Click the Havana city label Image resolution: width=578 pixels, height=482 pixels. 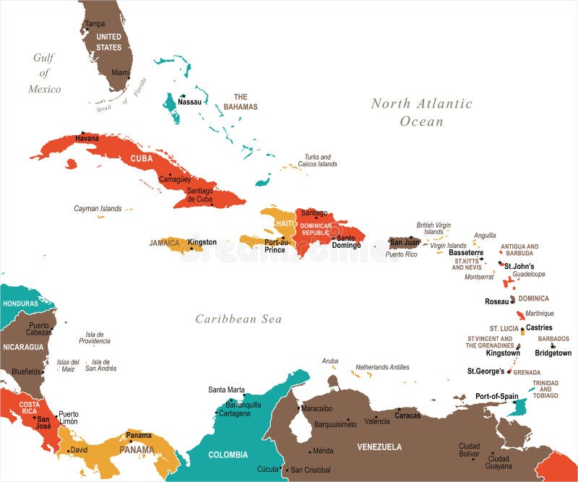(87, 138)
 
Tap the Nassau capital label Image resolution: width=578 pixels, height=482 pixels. (189, 102)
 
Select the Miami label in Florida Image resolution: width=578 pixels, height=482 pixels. (121, 73)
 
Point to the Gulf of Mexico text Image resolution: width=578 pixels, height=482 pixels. (44, 74)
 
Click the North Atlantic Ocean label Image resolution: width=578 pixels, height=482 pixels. (422, 112)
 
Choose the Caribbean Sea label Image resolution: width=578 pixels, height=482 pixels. (238, 319)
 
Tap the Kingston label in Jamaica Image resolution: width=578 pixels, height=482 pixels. (202, 242)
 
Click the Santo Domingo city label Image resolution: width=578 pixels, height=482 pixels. (348, 241)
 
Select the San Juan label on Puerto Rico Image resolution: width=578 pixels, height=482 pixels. (405, 242)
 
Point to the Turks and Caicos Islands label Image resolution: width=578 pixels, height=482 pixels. (317, 160)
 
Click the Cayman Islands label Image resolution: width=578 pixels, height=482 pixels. (98, 209)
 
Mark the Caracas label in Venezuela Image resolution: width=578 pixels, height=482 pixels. (407, 416)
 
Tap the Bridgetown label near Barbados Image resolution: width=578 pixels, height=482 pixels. (553, 353)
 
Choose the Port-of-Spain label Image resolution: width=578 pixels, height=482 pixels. (496, 396)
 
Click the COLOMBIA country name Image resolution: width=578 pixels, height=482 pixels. (228, 455)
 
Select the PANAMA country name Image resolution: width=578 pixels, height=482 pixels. (137, 449)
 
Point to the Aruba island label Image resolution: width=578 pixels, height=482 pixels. (329, 361)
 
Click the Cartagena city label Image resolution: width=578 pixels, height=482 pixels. (235, 413)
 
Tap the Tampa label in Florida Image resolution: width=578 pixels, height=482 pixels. (95, 24)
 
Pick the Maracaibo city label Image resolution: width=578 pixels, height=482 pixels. (316, 408)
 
